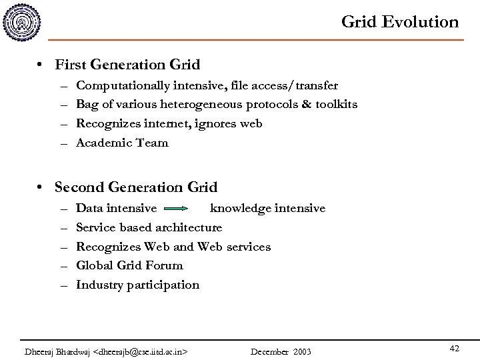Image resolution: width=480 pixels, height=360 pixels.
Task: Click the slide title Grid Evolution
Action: coord(399,22)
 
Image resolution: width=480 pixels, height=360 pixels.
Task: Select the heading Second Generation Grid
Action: coord(136,187)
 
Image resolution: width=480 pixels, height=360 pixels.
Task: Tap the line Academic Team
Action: coord(122,143)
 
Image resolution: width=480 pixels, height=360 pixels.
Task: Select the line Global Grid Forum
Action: coord(129,265)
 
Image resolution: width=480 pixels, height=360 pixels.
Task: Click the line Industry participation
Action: coord(137,285)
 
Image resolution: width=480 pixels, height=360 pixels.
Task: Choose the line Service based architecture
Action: coord(149,227)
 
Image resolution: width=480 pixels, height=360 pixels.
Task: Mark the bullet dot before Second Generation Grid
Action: coord(42,188)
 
